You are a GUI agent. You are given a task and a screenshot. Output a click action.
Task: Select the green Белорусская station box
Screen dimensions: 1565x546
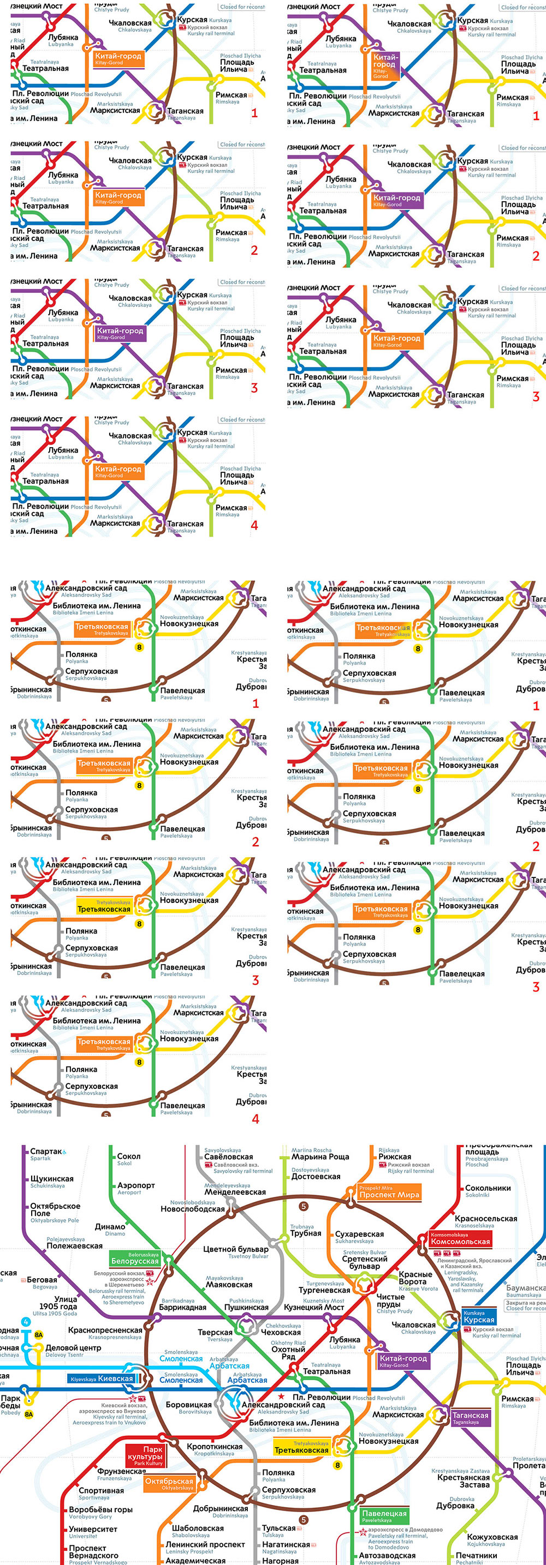coord(135,1258)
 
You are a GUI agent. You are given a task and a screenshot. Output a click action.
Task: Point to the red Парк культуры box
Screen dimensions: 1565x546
coord(145,1455)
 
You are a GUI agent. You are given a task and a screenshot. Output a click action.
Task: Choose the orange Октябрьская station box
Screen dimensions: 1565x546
coord(169,1484)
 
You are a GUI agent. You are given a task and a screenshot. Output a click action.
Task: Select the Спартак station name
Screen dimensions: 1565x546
coord(46,1151)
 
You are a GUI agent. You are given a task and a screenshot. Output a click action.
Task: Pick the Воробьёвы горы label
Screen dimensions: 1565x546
coord(100,1510)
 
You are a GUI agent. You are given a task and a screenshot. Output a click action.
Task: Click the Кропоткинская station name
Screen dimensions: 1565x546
coord(214,1447)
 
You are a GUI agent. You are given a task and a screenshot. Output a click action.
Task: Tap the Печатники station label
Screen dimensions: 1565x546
coord(476,1555)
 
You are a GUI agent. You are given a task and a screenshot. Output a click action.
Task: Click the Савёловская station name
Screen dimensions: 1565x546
coord(229,1157)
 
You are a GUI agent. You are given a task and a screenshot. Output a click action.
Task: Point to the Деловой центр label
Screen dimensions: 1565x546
coord(64,1347)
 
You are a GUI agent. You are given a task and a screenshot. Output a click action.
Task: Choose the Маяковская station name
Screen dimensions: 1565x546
coord(229,1284)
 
